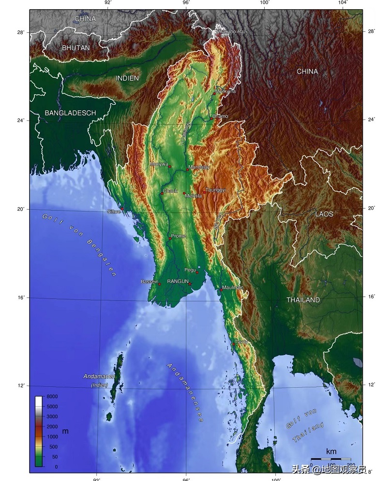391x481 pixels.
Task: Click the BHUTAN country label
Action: [x=76, y=48]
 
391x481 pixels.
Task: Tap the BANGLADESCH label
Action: [x=70, y=113]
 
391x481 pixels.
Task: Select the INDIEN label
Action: [x=127, y=78]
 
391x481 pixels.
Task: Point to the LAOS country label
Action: [x=324, y=214]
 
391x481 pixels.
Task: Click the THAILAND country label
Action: [x=303, y=300]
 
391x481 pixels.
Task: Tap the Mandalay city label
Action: [x=199, y=167]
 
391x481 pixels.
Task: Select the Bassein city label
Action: [x=149, y=282]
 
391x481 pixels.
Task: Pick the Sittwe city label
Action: [x=114, y=212]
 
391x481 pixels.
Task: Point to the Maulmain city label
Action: [x=233, y=287]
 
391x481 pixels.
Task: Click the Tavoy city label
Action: [x=241, y=341]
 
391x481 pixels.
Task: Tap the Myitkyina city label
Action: [x=226, y=91]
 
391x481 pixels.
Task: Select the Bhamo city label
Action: [x=220, y=116]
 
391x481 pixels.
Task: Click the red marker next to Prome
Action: [x=170, y=239]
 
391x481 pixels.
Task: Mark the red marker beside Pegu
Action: [x=197, y=272]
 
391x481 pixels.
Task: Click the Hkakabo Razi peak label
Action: [x=232, y=31]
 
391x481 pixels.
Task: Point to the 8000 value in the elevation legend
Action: [x=52, y=396]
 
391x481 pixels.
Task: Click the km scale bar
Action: [x=331, y=458]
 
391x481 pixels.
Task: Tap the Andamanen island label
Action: [x=99, y=376]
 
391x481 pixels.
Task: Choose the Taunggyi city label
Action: [x=216, y=190]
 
